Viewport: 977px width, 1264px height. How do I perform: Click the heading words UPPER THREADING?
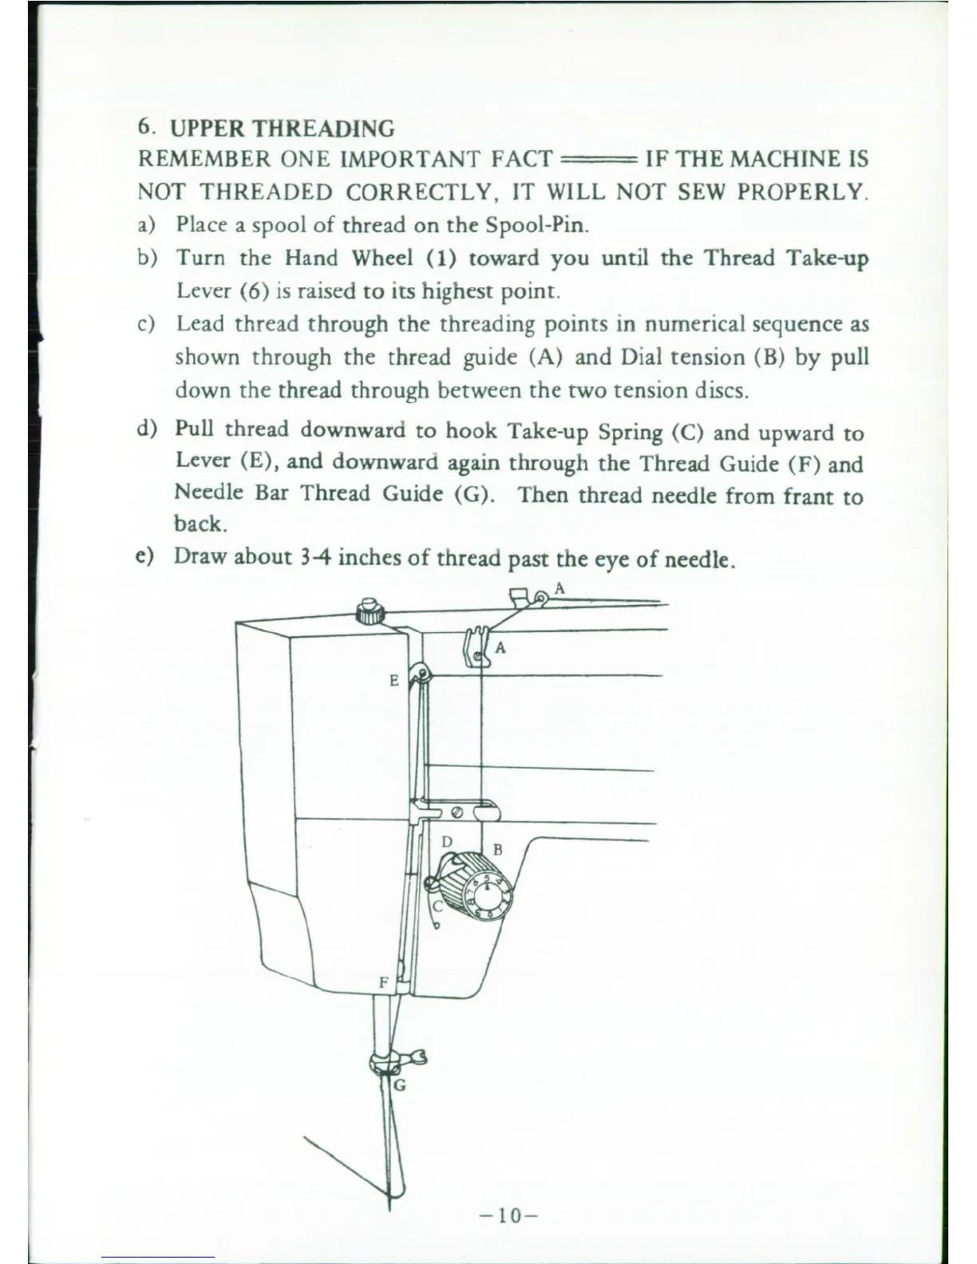tap(283, 128)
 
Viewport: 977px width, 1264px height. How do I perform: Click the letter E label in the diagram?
tap(394, 681)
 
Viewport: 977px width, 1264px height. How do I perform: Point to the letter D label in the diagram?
tap(447, 842)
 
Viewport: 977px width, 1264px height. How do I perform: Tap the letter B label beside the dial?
tap(497, 849)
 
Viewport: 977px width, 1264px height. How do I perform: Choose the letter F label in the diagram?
tap(383, 982)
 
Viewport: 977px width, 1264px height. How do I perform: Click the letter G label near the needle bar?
tap(400, 1084)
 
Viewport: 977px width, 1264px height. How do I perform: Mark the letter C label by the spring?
tap(437, 906)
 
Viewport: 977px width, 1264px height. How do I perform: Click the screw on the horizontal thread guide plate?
tap(457, 812)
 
